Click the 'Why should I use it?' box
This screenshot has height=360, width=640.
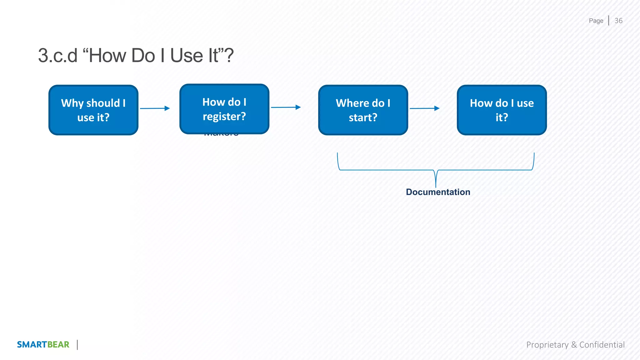coord(93,110)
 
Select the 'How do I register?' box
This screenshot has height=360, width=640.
coord(224,109)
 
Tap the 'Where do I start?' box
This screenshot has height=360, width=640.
coord(363,110)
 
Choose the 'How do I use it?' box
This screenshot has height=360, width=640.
coord(502,110)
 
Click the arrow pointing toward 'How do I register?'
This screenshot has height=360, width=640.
coord(155,108)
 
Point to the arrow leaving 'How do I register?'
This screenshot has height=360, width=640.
coord(286,107)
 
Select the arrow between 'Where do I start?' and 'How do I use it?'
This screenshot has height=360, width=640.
coord(424,108)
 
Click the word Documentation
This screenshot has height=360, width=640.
coord(438,192)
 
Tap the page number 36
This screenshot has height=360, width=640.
coord(618,21)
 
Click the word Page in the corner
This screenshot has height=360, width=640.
coord(596,21)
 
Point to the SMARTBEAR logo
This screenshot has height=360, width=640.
coord(43,344)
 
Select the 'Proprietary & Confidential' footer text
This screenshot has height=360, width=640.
coord(575,345)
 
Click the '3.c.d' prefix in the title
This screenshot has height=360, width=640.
coord(58,56)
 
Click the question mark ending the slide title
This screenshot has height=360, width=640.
coord(229,56)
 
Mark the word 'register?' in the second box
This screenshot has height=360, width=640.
coord(224,117)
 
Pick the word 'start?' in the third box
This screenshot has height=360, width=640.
coord(363,117)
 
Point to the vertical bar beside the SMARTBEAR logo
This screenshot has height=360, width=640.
coord(77,345)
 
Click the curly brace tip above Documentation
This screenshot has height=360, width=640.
coord(436,184)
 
